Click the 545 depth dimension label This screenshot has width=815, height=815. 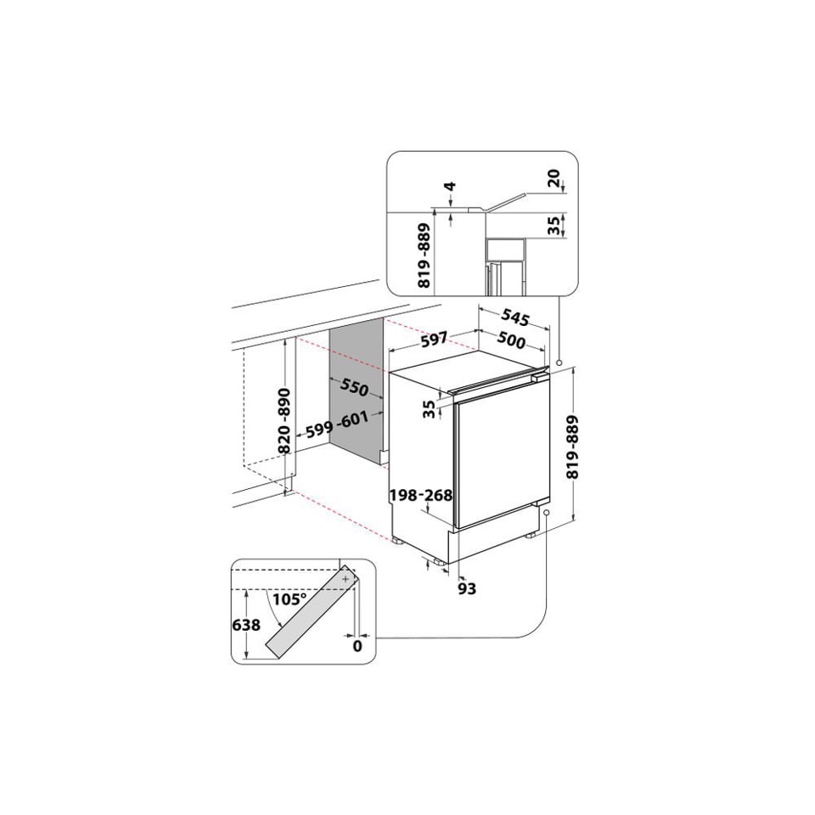click(x=514, y=318)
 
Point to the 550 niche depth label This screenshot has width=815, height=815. click(x=354, y=388)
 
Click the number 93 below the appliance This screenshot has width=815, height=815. click(x=466, y=587)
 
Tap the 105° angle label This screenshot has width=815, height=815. click(x=289, y=599)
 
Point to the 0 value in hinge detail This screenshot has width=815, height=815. click(x=357, y=646)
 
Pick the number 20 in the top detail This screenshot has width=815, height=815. click(x=554, y=177)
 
